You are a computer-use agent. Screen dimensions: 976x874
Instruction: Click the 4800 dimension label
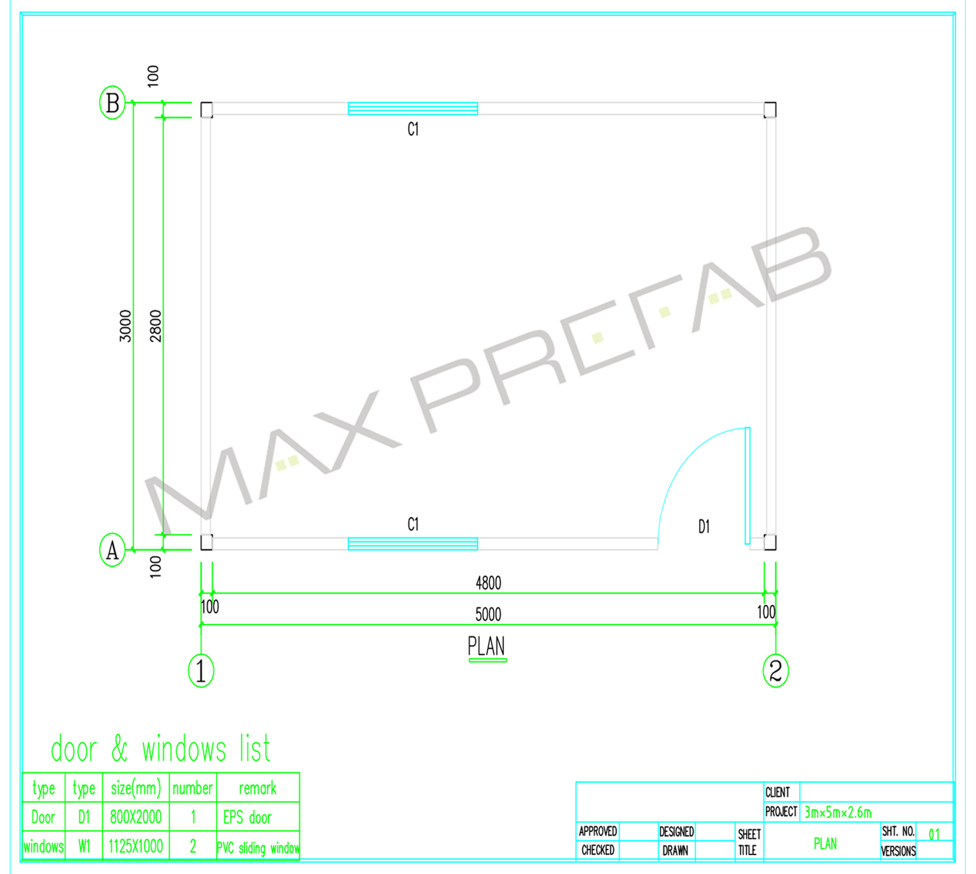click(488, 583)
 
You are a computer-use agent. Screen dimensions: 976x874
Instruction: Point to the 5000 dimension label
click(488, 614)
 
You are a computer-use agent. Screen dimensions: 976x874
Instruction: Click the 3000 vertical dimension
click(125, 326)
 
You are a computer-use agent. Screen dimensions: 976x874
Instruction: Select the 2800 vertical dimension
click(156, 326)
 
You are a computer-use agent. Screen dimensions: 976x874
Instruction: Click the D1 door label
click(704, 526)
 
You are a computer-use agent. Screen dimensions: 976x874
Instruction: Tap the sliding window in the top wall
click(412, 109)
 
